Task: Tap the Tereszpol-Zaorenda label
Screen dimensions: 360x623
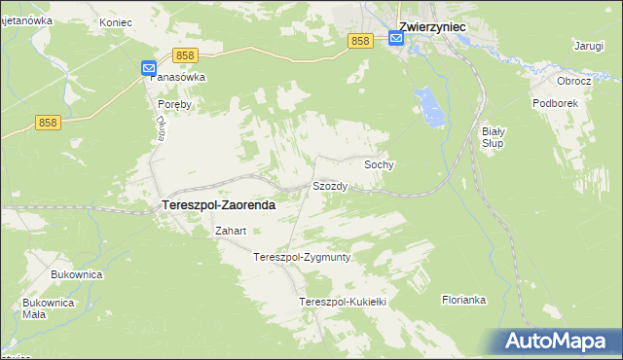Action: (216, 206)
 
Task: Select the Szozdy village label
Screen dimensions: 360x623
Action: (330, 185)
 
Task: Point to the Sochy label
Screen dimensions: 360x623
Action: (379, 165)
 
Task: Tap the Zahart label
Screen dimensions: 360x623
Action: (230, 232)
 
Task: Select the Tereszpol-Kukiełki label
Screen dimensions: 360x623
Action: (343, 302)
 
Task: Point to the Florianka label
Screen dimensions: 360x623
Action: (463, 300)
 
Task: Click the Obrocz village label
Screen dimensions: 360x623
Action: (574, 81)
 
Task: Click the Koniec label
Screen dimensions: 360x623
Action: (116, 20)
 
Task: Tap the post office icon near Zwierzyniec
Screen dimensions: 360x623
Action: (396, 38)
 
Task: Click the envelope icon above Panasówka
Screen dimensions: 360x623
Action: (147, 68)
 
